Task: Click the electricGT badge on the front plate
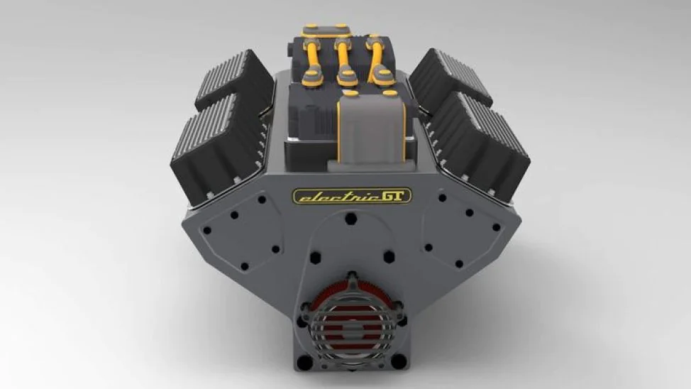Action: (352, 196)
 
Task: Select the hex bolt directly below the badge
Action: (350, 219)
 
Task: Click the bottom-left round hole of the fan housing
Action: (305, 363)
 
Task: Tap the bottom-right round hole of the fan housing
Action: (399, 361)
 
